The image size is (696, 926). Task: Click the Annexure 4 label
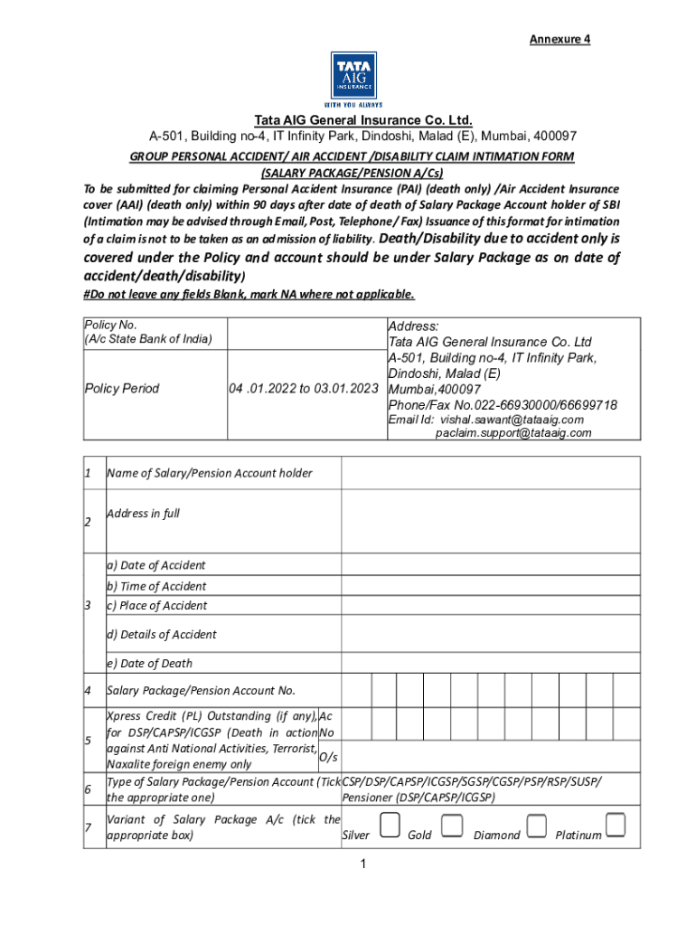pos(560,40)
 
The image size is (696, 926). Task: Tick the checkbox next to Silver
pos(390,825)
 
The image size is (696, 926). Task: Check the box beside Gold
pos(453,825)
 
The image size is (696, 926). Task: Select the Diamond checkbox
pos(537,825)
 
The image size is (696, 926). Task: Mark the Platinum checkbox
pos(616,825)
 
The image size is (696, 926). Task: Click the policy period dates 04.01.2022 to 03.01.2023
pos(303,389)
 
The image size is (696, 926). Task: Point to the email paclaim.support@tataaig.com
pos(513,433)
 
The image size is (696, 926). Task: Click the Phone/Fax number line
pos(503,405)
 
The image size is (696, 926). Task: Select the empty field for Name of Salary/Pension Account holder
pos(490,473)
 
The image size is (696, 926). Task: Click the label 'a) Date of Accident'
pos(156,565)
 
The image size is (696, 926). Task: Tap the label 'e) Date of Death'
pos(150,663)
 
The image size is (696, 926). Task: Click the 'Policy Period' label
pos(121,389)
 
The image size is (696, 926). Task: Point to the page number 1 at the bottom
pos(361,865)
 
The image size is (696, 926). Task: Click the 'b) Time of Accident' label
pos(156,586)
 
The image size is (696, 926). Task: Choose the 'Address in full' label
pos(143,514)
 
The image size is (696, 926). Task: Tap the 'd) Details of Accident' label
pos(162,634)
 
